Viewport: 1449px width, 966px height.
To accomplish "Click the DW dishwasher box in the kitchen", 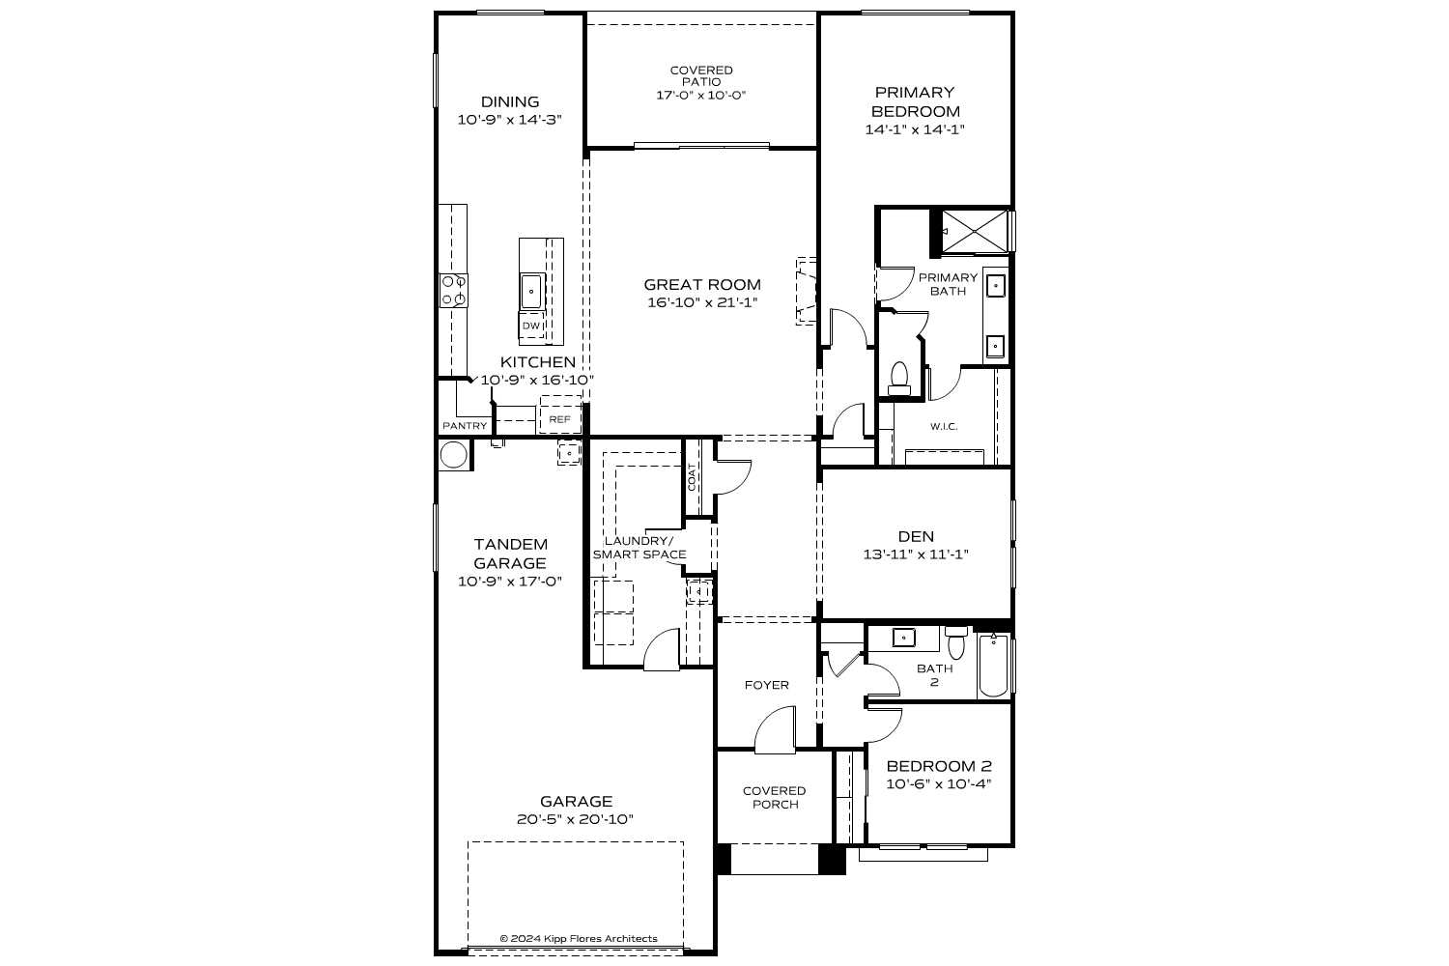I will point(530,327).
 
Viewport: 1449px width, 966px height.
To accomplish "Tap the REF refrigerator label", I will point(559,419).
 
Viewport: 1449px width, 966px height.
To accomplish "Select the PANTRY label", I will point(465,426).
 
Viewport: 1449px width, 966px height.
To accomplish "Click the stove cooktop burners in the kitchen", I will point(454,291).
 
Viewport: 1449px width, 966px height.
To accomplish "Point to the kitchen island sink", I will point(531,290).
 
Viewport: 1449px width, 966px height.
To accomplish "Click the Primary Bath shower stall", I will point(975,232).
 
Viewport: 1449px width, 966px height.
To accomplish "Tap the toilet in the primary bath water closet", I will point(899,377).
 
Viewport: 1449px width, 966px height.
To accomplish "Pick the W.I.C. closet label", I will point(944,427).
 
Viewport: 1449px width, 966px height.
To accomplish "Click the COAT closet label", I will point(692,476).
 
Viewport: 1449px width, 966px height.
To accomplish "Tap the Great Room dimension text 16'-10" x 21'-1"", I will point(702,302).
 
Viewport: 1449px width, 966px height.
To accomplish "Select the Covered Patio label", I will point(701,76).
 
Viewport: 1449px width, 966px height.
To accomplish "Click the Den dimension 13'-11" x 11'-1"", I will point(915,554).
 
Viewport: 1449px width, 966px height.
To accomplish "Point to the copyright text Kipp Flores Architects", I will point(578,938).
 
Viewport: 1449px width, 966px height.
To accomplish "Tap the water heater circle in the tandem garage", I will point(454,455).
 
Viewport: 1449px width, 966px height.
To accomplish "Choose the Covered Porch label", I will point(774,797).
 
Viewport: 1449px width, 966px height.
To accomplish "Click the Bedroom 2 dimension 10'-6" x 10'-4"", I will point(938,784).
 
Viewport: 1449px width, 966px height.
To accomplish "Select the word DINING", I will point(510,101).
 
